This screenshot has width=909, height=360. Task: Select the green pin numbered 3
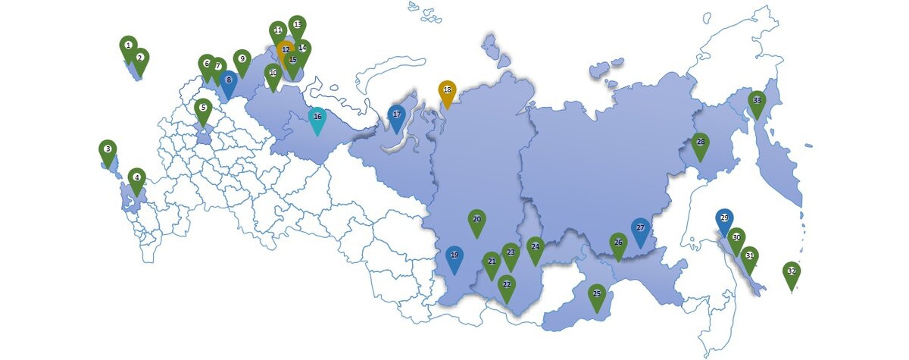108,150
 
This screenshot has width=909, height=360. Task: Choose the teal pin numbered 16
317,117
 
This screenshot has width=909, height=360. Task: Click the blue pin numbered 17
396,116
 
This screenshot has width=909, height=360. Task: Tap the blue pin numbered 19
454,256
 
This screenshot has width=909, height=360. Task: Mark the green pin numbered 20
476,220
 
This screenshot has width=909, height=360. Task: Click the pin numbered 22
507,285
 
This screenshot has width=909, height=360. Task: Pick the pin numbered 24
536,247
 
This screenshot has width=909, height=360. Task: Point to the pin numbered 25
597,294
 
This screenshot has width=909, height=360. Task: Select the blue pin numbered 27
640,228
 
